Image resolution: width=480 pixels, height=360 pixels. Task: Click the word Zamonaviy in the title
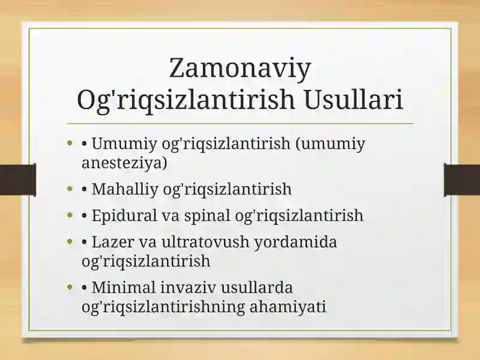tap(240, 69)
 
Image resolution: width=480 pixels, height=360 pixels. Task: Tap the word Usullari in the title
tap(353, 99)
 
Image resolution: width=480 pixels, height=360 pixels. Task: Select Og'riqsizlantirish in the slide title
tap(186, 100)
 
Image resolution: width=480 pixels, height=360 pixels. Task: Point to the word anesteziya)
tap(124, 163)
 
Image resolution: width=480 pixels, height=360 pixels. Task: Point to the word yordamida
tap(296, 242)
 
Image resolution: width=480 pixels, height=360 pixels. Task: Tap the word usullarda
tap(257, 287)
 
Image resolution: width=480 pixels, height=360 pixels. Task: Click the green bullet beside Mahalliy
tap(70, 188)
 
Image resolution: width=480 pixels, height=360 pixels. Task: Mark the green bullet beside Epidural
tap(70, 215)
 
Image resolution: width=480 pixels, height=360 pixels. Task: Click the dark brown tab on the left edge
tap(18, 180)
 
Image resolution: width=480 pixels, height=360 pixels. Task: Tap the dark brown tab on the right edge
tap(462, 180)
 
